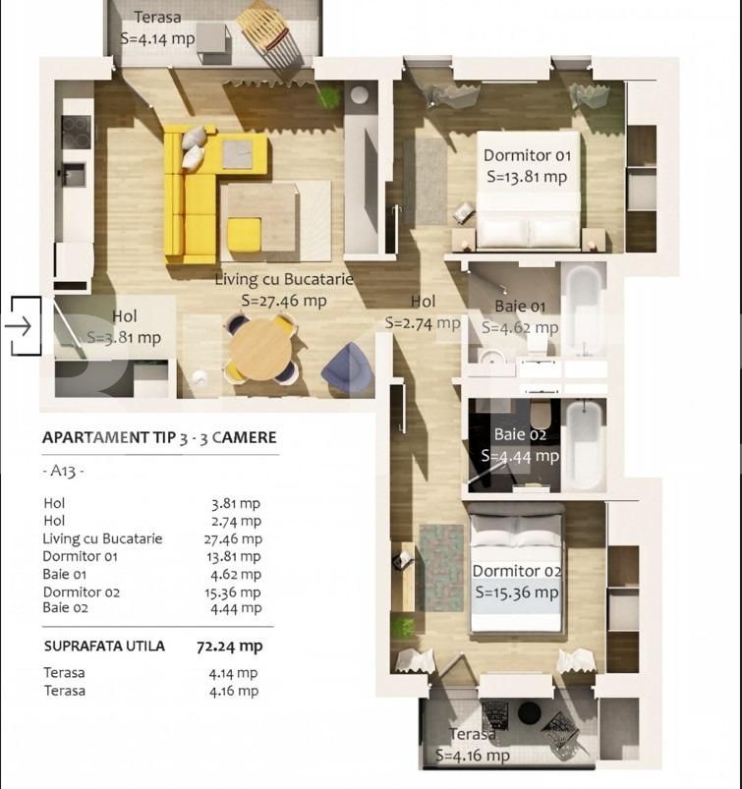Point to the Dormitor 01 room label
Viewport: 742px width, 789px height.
coord(527,155)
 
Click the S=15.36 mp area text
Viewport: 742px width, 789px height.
coord(516,592)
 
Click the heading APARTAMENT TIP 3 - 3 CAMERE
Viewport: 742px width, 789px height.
coord(159,438)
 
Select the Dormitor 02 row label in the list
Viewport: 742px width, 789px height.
coord(82,592)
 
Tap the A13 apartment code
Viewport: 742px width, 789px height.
coord(64,472)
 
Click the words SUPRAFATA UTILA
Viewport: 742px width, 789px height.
coord(104,647)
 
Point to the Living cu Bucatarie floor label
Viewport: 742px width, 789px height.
coord(283,280)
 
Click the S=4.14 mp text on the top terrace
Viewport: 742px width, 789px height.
coord(157,38)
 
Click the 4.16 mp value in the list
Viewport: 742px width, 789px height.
coord(236,691)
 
